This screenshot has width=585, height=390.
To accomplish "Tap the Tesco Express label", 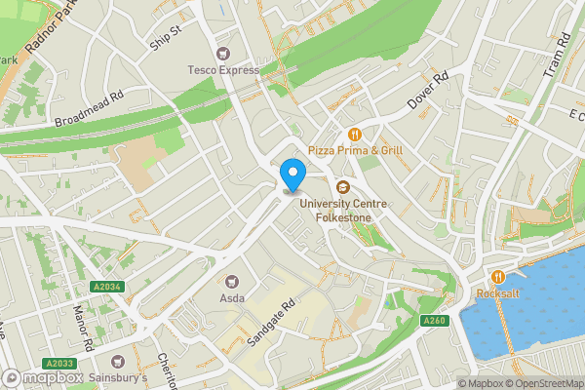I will pos(224,70).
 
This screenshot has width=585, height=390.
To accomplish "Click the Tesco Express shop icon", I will pos(224,53).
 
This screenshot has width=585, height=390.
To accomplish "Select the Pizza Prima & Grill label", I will pos(355,150).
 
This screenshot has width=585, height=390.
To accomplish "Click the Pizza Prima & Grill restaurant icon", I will pos(355,134).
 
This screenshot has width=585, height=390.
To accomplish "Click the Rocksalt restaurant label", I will pos(497,293).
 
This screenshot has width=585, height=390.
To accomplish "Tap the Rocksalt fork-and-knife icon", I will pos(498,277).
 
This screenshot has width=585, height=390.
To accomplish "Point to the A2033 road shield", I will pos(61,363).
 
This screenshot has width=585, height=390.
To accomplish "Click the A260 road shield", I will pos(434,321).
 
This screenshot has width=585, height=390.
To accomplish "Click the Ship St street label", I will pos(166,36).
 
